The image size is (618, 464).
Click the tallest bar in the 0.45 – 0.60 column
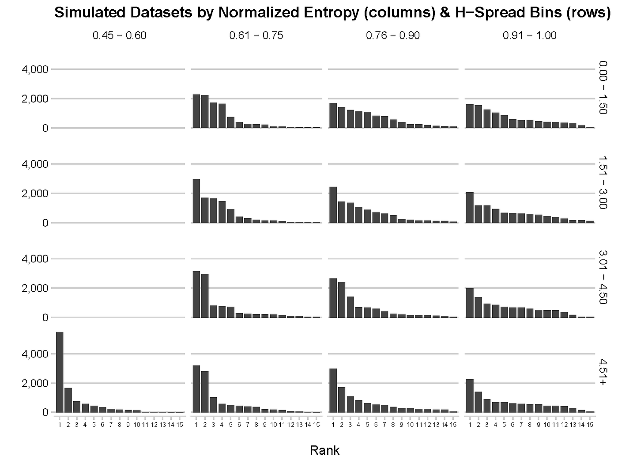60,372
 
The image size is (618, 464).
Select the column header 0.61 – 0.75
256,36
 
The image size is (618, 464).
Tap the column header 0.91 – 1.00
529,36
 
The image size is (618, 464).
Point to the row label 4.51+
603,372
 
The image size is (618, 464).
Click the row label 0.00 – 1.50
603,87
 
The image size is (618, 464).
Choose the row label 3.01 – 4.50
603,277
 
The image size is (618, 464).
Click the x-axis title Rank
325,450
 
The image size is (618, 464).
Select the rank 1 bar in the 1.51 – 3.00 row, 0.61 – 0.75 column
196,201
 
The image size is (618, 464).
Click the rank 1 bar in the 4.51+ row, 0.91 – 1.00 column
470,396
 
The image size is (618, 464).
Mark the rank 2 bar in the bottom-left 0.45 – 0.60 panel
68,400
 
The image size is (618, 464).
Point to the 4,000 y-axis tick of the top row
35,69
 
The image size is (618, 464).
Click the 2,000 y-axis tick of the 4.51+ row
35,383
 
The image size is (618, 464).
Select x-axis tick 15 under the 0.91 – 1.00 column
590,425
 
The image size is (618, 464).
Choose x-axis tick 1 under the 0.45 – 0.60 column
60,425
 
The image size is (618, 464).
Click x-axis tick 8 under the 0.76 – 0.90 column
393,425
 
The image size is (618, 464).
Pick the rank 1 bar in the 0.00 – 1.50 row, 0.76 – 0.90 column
333,116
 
